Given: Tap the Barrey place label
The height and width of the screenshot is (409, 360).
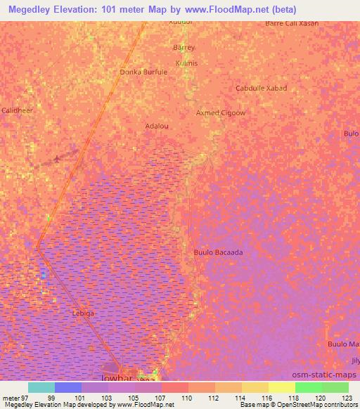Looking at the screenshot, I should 184,48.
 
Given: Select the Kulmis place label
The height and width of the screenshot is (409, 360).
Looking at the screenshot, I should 186,63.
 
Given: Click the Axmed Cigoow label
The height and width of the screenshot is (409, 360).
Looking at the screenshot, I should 220,112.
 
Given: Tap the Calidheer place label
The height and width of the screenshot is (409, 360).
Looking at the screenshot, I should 17,111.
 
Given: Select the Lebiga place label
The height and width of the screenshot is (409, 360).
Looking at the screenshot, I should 83,313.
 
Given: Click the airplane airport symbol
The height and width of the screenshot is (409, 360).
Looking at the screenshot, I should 57,159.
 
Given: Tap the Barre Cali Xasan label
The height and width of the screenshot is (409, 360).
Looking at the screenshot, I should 292,23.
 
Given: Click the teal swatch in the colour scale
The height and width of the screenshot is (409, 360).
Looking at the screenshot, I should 41,387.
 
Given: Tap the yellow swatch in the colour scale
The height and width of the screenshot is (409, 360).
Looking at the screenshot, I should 281,387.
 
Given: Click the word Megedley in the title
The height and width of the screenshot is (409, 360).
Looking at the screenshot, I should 32,9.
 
